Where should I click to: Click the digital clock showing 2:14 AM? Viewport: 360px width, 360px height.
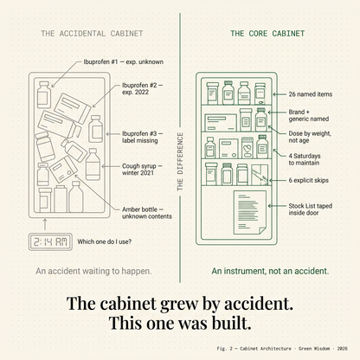coord(50,241)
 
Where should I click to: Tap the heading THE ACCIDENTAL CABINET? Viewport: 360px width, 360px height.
coord(92,34)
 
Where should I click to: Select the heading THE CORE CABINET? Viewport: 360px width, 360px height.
coord(267,34)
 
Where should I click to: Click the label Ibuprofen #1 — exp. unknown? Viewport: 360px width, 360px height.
coord(124,61)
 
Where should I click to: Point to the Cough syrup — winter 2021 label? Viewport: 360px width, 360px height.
coord(142,170)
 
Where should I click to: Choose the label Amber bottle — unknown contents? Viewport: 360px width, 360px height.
coord(147,213)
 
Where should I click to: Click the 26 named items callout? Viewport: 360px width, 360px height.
coord(311,94)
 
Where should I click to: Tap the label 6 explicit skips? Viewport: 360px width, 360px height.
coord(309,180)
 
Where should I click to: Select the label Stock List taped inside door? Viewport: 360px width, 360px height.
coord(311,209)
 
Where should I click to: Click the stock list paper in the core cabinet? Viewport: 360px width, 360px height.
coord(250,212)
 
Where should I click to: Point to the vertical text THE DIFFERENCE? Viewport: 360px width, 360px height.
coord(180,162)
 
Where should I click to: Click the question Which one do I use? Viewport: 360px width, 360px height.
coord(104,241)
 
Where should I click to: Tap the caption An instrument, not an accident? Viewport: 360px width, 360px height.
coord(270,271)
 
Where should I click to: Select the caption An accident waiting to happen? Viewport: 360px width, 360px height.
coord(93,271)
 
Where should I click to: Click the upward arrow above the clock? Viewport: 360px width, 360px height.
coord(45,224)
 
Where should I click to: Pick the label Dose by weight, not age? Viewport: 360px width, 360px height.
coord(310,137)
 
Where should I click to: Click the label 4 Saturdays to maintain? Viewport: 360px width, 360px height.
coord(305,159)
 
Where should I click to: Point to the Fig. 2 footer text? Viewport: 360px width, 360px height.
coord(282,349)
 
